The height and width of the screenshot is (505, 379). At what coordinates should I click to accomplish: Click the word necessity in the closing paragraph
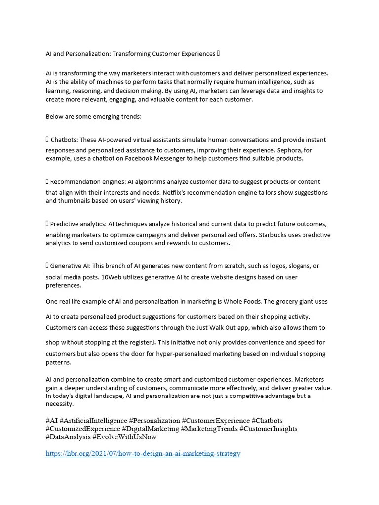pos(60,404)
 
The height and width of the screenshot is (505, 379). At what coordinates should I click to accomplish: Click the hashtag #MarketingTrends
pos(209,429)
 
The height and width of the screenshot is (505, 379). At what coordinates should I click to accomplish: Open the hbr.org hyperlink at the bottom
pos(143,453)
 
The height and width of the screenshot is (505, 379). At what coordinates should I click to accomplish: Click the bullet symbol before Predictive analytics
pos(47,224)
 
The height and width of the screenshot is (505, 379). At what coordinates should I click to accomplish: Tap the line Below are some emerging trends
pos(94,117)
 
